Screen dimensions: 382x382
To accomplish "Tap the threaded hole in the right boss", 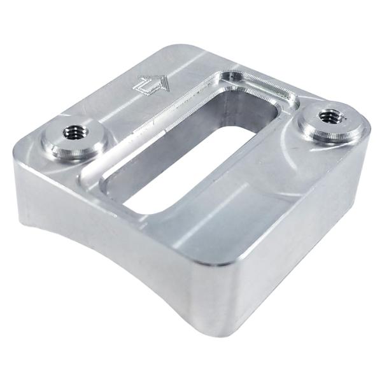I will [x=331, y=116].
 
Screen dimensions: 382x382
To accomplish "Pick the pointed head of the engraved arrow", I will [x=165, y=81].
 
